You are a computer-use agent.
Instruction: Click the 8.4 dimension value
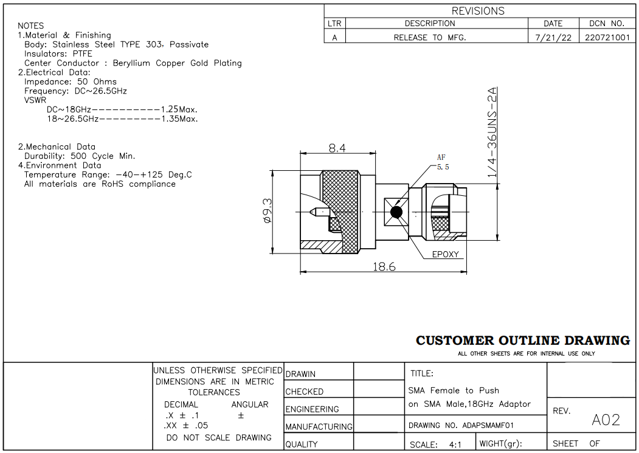337,148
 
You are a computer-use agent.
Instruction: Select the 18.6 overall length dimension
384,266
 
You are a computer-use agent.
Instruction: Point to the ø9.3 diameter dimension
268,211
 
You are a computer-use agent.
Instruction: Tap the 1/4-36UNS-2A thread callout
492,132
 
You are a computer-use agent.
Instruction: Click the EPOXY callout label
446,254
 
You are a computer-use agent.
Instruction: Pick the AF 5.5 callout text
443,162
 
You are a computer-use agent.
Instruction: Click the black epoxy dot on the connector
396,212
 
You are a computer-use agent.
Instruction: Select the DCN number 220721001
607,38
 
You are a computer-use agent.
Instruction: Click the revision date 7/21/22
553,38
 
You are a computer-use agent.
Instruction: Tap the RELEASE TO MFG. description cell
430,38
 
